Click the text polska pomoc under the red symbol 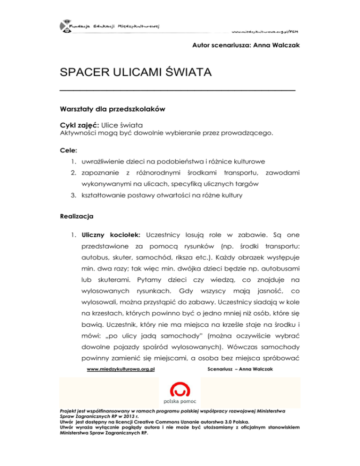coord(180,402)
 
